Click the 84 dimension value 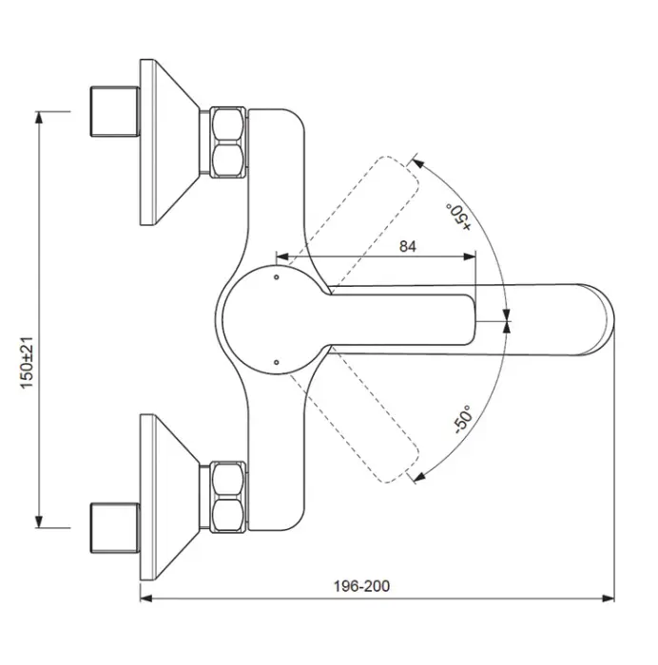(407, 247)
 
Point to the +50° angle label (460, 215)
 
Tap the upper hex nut (227, 143)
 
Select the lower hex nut (227, 497)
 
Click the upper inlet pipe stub (114, 112)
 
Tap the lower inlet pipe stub (114, 525)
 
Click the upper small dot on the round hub (274, 278)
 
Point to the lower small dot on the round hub (274, 361)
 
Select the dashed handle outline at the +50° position (366, 204)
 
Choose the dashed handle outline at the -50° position (366, 432)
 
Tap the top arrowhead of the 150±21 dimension (39, 117)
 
